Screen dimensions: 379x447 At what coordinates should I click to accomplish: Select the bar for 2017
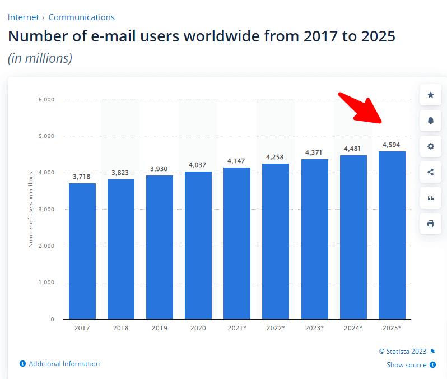(x=82, y=251)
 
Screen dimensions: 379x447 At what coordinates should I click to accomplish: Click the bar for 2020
(x=198, y=245)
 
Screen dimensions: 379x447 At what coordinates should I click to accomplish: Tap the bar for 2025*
(x=392, y=235)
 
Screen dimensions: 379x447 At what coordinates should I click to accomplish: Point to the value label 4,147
(x=236, y=161)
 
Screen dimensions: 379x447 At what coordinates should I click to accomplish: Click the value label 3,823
(x=121, y=173)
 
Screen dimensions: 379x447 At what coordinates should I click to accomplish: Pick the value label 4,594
(x=392, y=145)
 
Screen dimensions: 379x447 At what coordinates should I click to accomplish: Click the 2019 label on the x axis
(x=160, y=328)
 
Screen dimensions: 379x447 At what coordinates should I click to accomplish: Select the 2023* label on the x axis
(x=314, y=328)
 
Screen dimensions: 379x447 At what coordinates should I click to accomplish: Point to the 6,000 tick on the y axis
(x=46, y=100)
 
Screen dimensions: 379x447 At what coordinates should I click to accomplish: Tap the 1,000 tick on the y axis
(x=46, y=283)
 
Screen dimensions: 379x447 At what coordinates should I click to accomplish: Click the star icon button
(x=430, y=95)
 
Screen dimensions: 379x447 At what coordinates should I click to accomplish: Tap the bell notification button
(x=430, y=121)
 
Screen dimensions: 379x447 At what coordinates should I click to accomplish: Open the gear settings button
(x=430, y=146)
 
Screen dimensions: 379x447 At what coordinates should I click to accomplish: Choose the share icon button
(x=430, y=172)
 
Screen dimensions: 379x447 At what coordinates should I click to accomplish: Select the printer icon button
(x=430, y=224)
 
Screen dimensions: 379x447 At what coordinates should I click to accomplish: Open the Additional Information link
(x=64, y=364)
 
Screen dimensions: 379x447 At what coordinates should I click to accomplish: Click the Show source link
(x=407, y=365)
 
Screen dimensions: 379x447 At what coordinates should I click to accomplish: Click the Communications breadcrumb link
(x=81, y=17)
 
